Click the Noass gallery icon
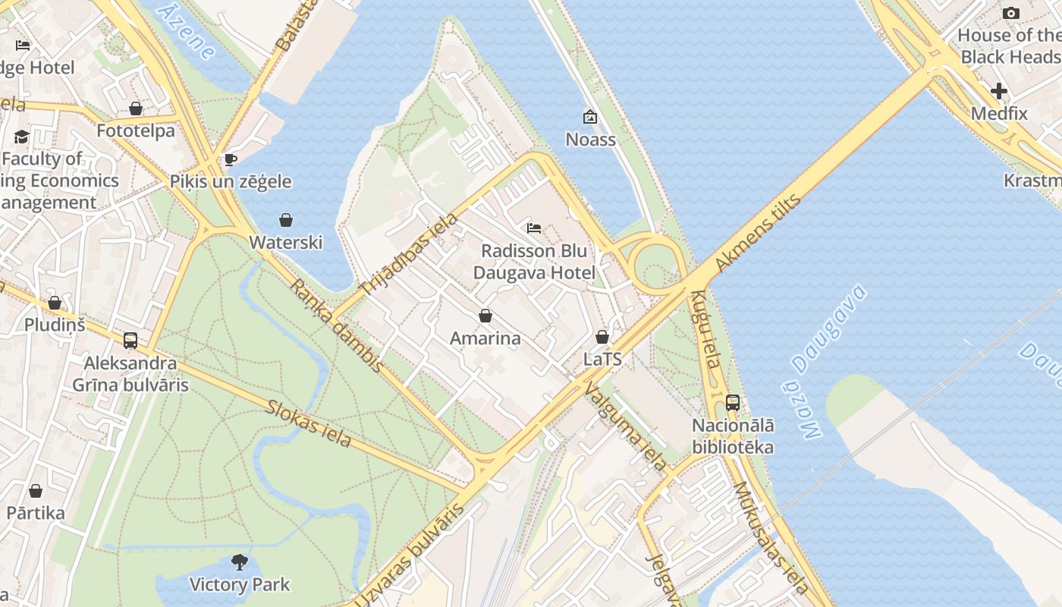click(x=589, y=117)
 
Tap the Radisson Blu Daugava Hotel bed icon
click(x=534, y=228)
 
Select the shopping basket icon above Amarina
click(x=485, y=316)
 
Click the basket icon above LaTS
click(x=602, y=336)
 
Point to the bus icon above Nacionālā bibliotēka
click(x=733, y=403)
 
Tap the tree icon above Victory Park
click(x=240, y=562)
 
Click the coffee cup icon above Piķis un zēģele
click(x=231, y=159)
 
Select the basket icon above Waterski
click(x=286, y=220)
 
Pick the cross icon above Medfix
click(x=999, y=91)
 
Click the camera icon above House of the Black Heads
click(x=1010, y=13)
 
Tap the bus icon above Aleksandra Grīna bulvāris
click(x=130, y=341)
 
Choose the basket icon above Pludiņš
click(x=55, y=303)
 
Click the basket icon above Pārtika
click(x=36, y=491)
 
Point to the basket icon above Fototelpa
click(x=136, y=109)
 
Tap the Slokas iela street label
click(x=308, y=422)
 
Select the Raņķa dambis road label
click(x=337, y=326)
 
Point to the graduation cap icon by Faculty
click(x=21, y=137)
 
